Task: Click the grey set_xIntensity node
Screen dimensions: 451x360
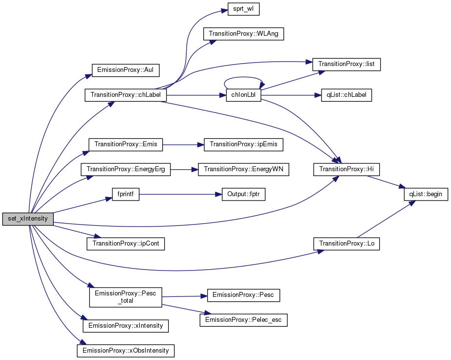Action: (28, 219)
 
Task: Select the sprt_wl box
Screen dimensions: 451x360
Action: (243, 9)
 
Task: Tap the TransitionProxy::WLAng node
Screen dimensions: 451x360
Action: (243, 34)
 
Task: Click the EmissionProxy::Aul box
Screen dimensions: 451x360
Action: (126, 70)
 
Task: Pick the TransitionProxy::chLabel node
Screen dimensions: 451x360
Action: (126, 95)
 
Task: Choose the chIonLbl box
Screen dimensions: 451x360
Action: (243, 95)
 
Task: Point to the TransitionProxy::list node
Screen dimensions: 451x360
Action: (346, 64)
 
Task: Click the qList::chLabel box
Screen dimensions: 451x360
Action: (346, 95)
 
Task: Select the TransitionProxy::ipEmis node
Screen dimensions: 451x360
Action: (243, 144)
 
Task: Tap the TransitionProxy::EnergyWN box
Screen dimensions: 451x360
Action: (243, 169)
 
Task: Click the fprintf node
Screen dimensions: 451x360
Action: (126, 194)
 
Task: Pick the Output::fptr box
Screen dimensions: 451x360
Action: (243, 194)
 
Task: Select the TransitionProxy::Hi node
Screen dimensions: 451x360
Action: (346, 169)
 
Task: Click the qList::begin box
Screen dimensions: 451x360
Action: (426, 194)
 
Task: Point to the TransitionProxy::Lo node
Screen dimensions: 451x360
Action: (346, 244)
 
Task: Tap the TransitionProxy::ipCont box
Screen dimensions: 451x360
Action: (126, 244)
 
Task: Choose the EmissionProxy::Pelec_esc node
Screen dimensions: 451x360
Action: (243, 320)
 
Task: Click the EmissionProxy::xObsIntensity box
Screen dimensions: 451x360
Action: (126, 351)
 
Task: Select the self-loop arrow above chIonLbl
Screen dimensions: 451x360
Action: (243, 77)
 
